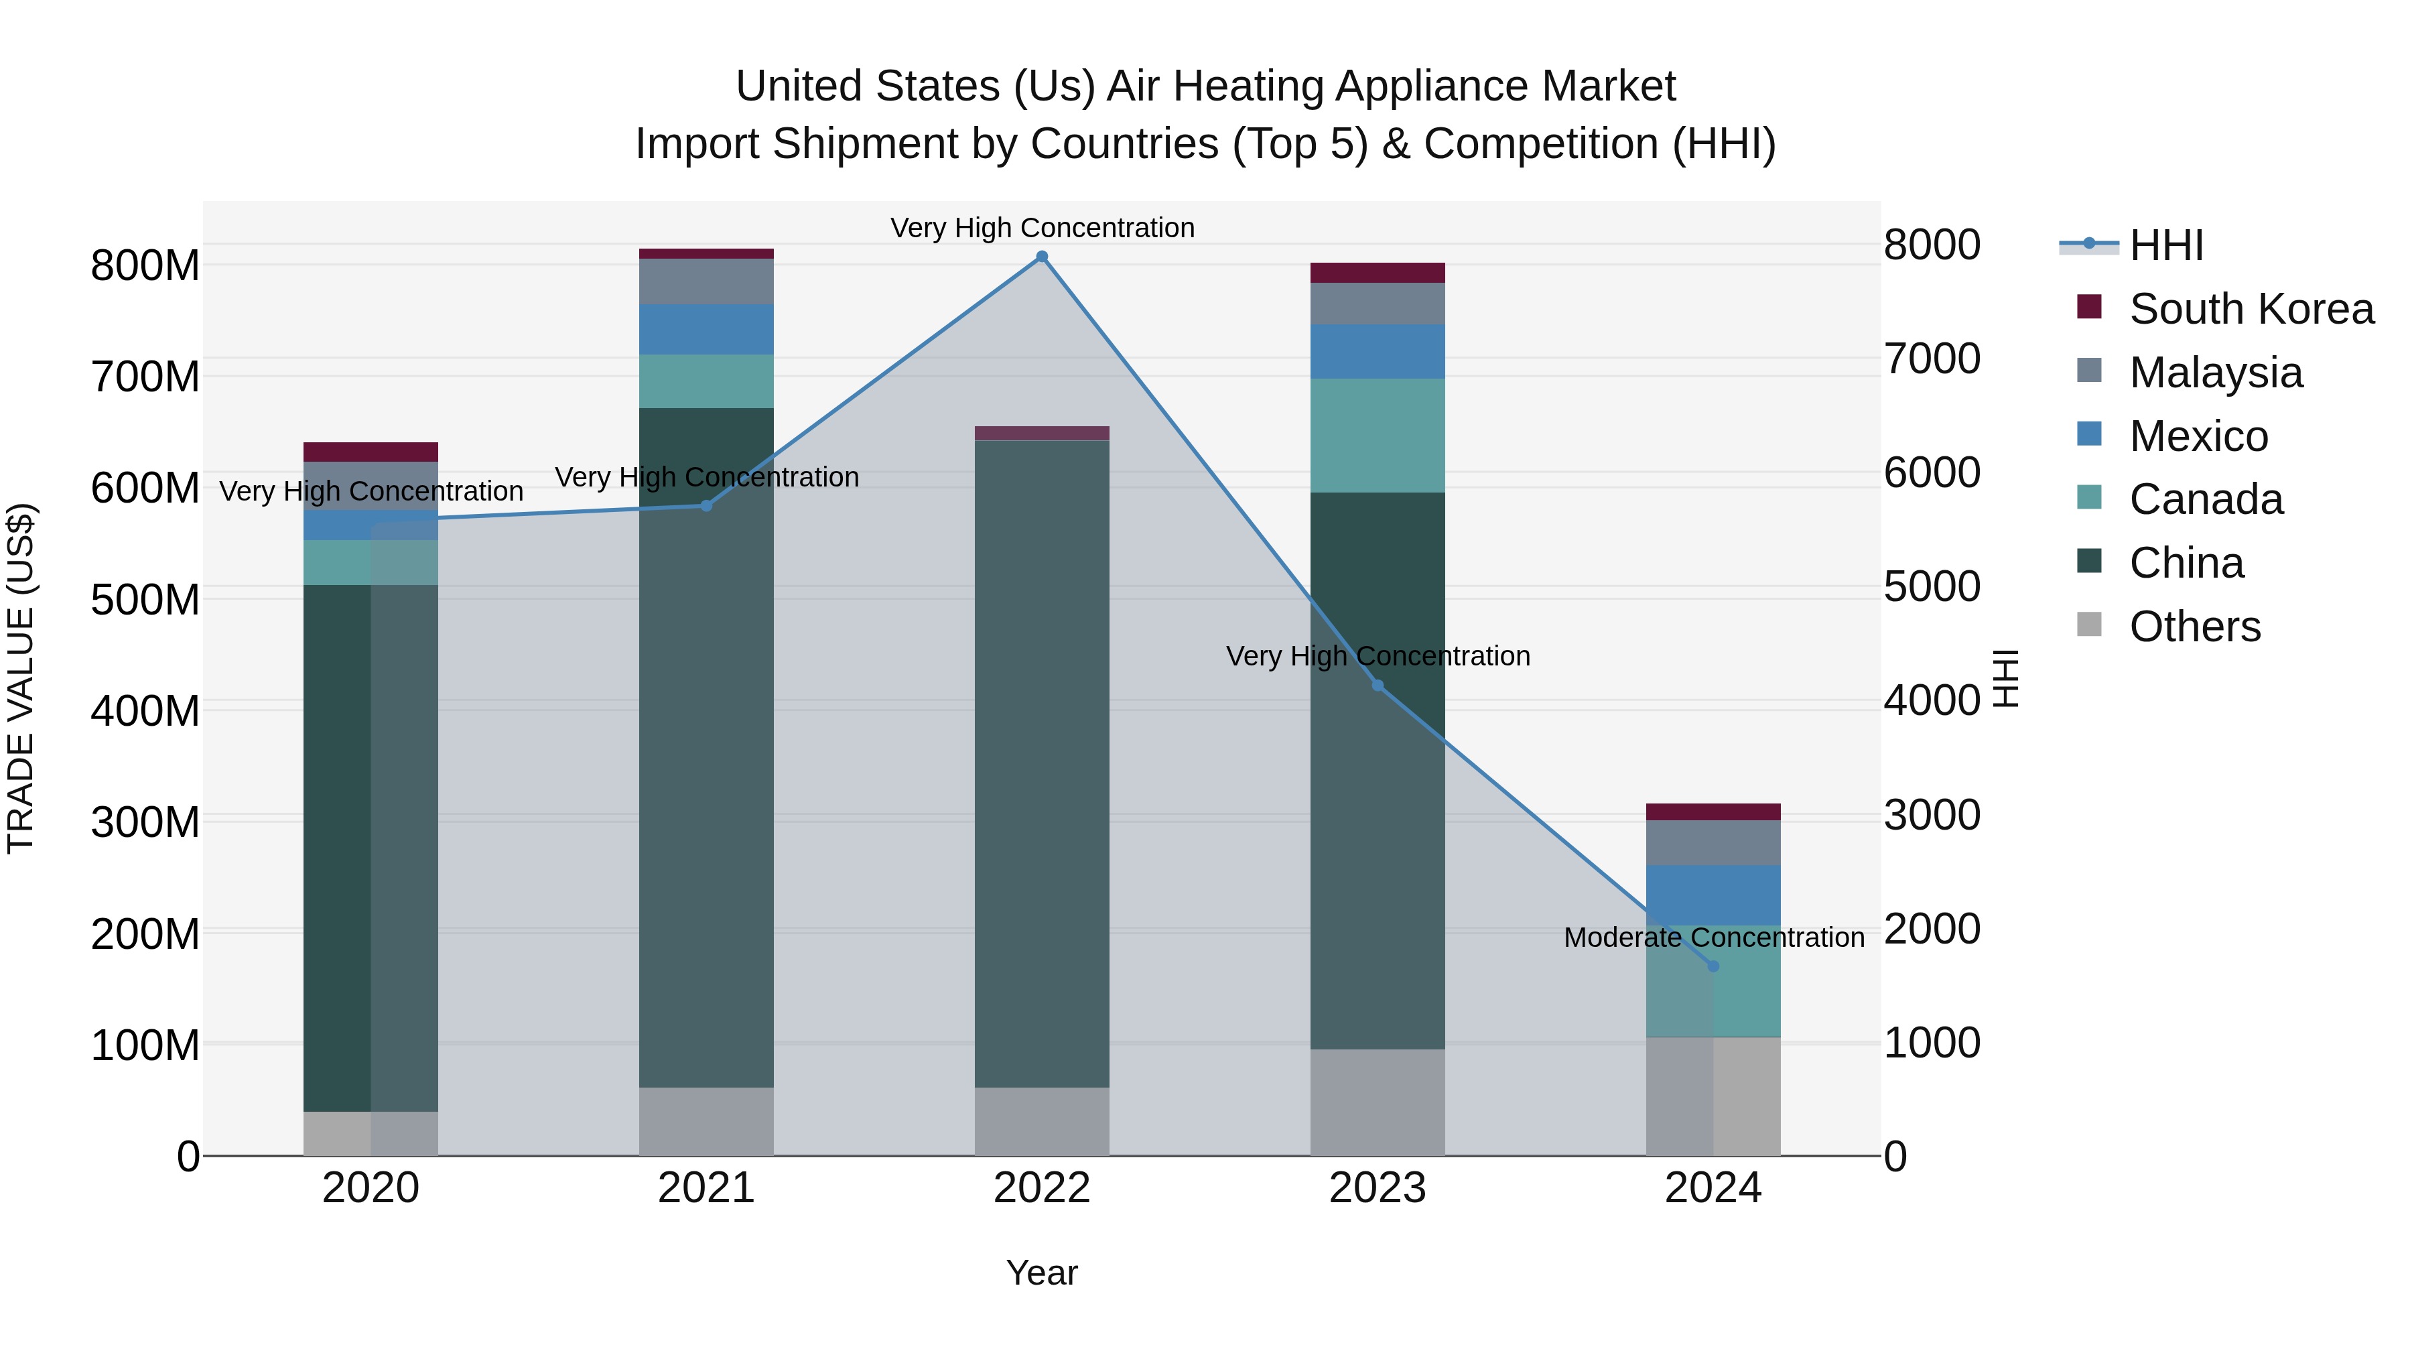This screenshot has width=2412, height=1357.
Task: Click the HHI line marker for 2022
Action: (1042, 257)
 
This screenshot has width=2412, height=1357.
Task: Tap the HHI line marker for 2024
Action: (1713, 966)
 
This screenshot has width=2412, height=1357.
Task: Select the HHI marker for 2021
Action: (707, 506)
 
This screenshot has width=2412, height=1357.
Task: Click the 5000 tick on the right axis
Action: (1932, 587)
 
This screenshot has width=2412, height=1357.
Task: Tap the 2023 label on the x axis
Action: (1378, 1188)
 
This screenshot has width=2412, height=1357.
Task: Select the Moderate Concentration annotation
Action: (1713, 938)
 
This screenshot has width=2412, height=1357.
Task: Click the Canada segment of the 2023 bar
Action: (1378, 436)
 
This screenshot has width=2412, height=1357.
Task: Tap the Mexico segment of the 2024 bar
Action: (1713, 895)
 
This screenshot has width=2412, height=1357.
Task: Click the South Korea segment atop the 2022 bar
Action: (1042, 433)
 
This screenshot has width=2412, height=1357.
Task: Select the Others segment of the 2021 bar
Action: (707, 1121)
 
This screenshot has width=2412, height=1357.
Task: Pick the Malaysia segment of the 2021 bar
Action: (707, 281)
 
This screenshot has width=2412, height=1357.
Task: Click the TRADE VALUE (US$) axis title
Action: (21, 678)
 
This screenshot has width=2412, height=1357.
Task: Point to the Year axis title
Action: (1042, 1273)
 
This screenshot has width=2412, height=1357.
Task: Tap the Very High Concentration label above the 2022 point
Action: (1042, 228)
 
